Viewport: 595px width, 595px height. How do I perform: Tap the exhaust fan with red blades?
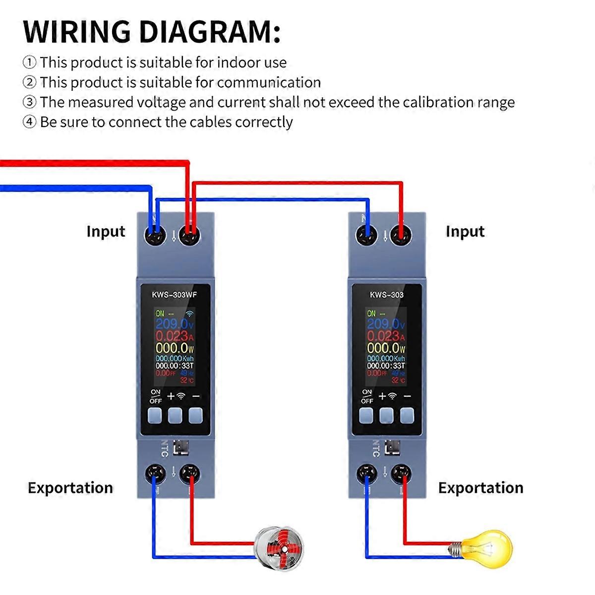coord(279,548)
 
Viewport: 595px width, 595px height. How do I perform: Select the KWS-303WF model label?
coord(174,295)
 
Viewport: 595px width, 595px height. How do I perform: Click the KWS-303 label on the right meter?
coord(387,295)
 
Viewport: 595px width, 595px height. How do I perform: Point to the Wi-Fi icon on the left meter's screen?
coord(189,314)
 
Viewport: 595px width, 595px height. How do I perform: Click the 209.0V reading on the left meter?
coord(174,324)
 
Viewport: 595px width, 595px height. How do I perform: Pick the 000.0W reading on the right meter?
coord(385,348)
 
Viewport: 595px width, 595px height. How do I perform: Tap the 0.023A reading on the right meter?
coord(385,336)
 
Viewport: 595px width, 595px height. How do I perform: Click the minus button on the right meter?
coord(407,416)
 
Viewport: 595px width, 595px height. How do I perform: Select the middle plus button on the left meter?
coord(175,416)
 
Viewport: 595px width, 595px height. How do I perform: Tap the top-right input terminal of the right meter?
coord(401,235)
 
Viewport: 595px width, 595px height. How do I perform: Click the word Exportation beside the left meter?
coord(70,488)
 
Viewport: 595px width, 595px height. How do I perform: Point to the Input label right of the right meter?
coord(465,232)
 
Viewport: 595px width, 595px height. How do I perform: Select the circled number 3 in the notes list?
coord(30,102)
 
